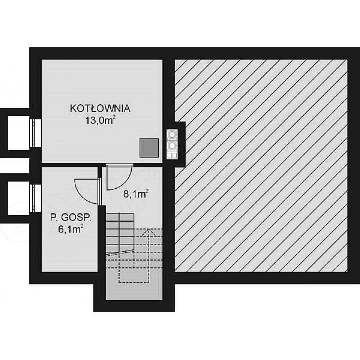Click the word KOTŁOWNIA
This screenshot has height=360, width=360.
pyautogui.click(x=100, y=108)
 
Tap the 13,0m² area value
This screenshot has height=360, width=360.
pyautogui.click(x=100, y=120)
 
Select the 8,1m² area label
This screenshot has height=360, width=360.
pyautogui.click(x=136, y=194)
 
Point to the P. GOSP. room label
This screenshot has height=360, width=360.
pyautogui.click(x=71, y=218)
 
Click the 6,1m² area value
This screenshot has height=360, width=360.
pyautogui.click(x=71, y=229)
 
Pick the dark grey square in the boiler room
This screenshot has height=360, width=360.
pyautogui.click(x=149, y=148)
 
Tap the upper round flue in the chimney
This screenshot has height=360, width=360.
pyautogui.click(x=172, y=134)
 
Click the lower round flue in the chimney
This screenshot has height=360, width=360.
pyautogui.click(x=172, y=145)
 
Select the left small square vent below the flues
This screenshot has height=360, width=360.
pyautogui.click(x=170, y=156)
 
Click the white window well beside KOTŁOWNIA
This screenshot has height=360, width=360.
pyautogui.click(x=19, y=133)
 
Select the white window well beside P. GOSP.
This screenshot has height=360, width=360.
pyautogui.click(x=19, y=198)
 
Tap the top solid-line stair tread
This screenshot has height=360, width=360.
pyautogui.click(x=120, y=217)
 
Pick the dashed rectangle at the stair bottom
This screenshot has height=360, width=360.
pyautogui.click(x=134, y=276)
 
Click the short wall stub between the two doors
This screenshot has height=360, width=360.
pyautogui.click(x=100, y=172)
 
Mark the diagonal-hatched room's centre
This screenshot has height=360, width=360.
pyautogui.click(x=261, y=166)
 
